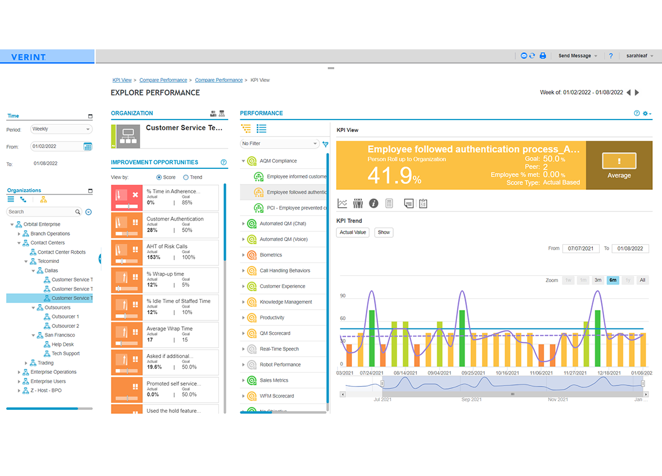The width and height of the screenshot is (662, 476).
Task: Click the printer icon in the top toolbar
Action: [542, 56]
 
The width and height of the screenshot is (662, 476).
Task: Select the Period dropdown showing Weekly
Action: [60, 129]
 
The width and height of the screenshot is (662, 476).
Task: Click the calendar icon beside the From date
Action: [88, 147]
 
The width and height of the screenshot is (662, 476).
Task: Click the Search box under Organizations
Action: [44, 212]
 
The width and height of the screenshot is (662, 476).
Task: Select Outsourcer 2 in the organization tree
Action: [65, 326]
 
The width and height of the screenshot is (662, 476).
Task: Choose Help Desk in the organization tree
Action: [63, 344]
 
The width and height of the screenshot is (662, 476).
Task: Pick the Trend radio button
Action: [186, 178]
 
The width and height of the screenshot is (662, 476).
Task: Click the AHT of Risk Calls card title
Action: [167, 247]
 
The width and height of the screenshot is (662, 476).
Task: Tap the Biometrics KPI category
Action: [271, 255]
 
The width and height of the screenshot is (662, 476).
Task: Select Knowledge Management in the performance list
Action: [286, 302]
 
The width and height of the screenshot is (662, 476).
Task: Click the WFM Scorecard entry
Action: [276, 396]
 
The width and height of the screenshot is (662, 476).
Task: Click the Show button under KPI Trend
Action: [383, 232]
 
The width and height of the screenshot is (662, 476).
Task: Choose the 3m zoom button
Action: [598, 280]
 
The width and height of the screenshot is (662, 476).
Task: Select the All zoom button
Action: [642, 280]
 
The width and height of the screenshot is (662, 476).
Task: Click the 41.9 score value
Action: [390, 175]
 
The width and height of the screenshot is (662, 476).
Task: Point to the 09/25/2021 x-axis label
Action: [474, 373]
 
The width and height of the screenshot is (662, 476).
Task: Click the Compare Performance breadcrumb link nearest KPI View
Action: [218, 80]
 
